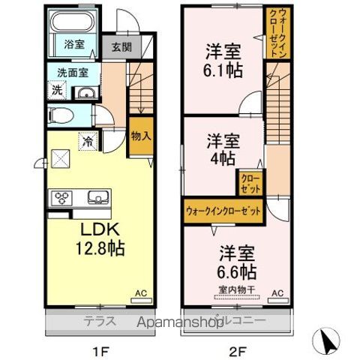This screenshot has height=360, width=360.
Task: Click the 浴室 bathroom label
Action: pyautogui.click(x=73, y=44)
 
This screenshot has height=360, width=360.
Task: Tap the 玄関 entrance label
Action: pyautogui.click(x=121, y=47)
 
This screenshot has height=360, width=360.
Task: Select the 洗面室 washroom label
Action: pyautogui.click(x=69, y=73)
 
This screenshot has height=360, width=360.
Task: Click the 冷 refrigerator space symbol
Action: pyautogui.click(x=88, y=139)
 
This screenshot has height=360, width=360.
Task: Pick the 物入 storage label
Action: pyautogui.click(x=139, y=136)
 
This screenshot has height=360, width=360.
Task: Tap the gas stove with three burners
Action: pyautogui.click(x=61, y=199)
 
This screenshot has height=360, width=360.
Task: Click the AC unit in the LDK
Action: pyautogui.click(x=141, y=298)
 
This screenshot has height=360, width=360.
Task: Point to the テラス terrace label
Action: pyautogui.click(x=97, y=319)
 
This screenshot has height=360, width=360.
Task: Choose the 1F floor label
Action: pyautogui.click(x=98, y=349)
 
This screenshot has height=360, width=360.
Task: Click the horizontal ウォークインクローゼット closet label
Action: pyautogui.click(x=223, y=211)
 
